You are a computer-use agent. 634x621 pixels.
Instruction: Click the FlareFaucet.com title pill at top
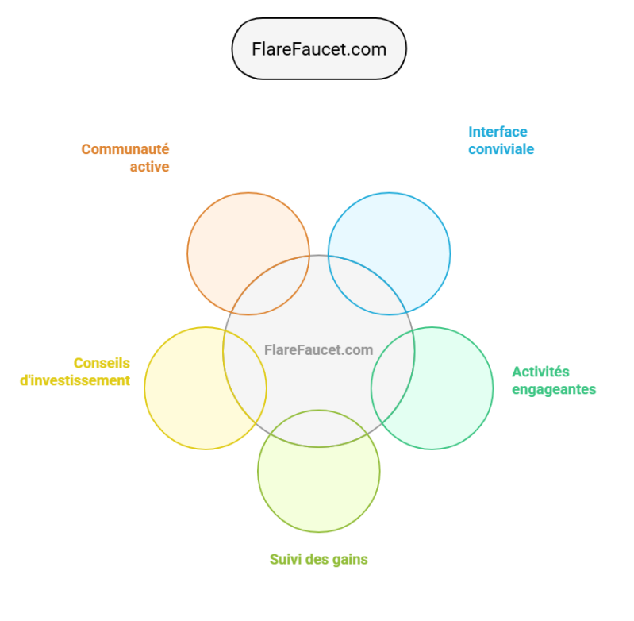[x=318, y=49]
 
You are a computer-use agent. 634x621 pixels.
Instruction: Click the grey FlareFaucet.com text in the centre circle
[x=318, y=349]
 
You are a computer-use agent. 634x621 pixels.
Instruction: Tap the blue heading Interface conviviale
[x=501, y=141]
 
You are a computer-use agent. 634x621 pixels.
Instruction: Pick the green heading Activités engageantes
[x=553, y=380]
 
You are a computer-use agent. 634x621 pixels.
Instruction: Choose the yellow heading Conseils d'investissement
[x=76, y=372]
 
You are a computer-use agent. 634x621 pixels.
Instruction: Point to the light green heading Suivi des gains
[x=318, y=559]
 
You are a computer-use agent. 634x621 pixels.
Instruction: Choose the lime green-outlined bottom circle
[x=318, y=480]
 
